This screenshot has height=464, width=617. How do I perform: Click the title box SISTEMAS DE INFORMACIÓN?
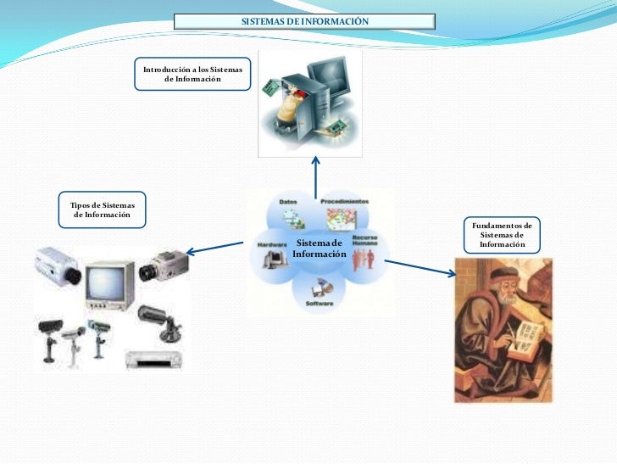[304, 20]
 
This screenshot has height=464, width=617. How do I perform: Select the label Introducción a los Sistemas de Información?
[192, 74]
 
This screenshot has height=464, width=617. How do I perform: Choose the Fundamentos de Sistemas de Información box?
[502, 235]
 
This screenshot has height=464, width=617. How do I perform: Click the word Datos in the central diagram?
[288, 202]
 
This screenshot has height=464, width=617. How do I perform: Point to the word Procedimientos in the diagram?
[344, 202]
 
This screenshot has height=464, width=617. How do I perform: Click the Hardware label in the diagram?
[271, 243]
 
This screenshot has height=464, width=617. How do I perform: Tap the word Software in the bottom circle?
[319, 303]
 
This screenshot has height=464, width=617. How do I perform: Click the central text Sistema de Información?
[320, 249]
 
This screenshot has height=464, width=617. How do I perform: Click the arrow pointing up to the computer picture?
[315, 173]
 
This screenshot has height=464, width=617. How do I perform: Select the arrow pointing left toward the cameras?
[216, 248]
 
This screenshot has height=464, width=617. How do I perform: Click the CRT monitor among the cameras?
[108, 284]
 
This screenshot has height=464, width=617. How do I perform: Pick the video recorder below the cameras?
[154, 358]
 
